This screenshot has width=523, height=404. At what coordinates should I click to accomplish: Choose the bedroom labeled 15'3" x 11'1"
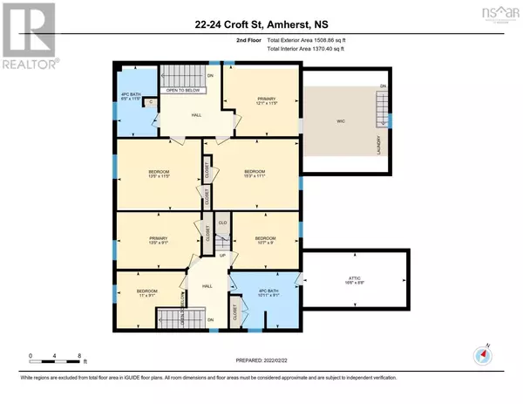254,174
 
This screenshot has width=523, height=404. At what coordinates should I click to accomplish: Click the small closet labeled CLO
222,223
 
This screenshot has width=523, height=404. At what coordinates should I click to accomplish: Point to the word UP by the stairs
222,255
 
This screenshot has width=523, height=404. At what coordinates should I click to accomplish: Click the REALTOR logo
28,36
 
